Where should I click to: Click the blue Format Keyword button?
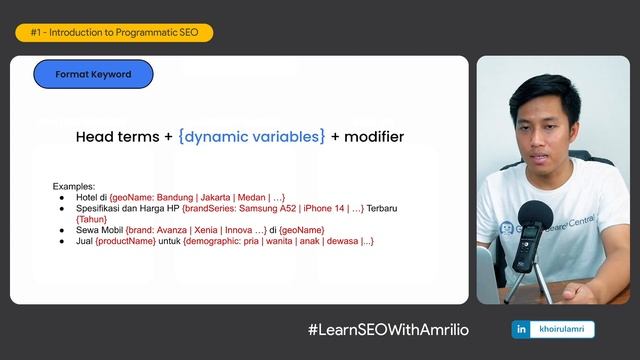[x=93, y=74]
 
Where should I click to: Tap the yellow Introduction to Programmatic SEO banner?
[x=114, y=33]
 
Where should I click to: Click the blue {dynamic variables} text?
[x=251, y=136]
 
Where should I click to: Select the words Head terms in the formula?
[x=117, y=136]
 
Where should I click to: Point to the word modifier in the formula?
[x=374, y=136]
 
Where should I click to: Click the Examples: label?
[x=74, y=187]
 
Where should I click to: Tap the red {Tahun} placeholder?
[x=92, y=220]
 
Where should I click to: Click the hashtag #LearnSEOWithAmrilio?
[x=388, y=330]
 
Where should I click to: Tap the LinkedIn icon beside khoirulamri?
[x=521, y=329]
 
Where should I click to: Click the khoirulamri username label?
[x=564, y=329]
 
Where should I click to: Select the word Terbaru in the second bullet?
[x=381, y=209]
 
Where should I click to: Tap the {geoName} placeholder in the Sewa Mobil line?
[x=301, y=231]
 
